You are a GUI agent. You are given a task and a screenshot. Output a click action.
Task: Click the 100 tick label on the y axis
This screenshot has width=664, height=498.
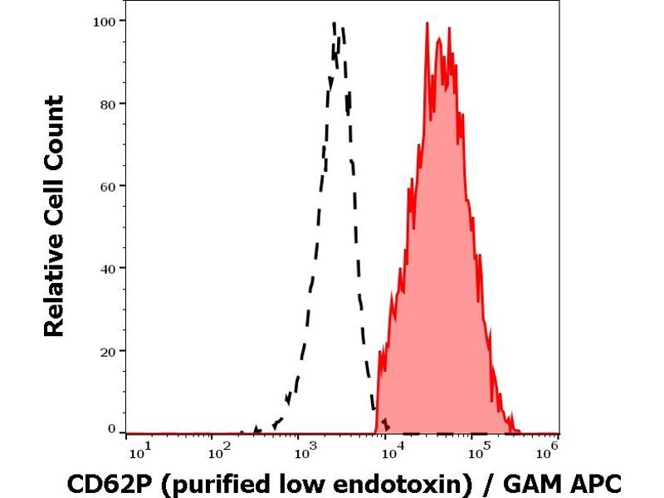coord(103,20)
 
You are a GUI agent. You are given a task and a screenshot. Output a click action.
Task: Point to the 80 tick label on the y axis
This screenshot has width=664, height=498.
coord(107,103)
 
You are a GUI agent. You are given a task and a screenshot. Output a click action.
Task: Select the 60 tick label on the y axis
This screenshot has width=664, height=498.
coord(107,185)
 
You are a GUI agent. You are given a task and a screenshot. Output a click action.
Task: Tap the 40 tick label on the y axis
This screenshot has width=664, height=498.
coord(107,267)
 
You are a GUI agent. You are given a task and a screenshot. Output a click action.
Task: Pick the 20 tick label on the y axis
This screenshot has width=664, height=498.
coord(107,349)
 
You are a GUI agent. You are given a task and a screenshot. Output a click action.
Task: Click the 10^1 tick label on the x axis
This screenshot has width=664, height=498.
coord(139,452)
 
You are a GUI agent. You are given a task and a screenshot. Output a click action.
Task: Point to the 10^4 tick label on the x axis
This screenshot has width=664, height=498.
coord(389,452)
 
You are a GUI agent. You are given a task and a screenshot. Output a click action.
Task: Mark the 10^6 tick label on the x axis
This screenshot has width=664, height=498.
coord(547,452)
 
